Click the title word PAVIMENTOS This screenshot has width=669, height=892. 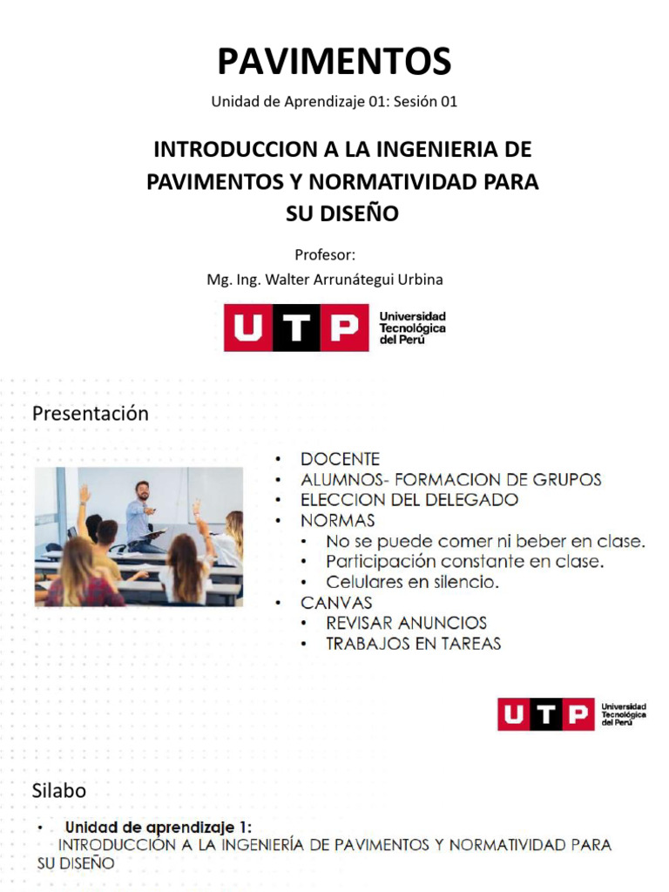(x=334, y=62)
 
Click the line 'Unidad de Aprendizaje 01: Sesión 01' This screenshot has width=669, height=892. (x=334, y=102)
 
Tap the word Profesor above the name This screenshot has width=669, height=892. (x=325, y=254)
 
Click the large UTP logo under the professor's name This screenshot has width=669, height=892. (x=334, y=328)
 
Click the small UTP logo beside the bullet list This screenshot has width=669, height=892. (x=571, y=714)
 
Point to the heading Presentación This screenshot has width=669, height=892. (x=91, y=414)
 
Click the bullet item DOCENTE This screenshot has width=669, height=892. (x=340, y=459)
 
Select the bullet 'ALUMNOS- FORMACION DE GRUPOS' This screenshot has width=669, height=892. (x=450, y=480)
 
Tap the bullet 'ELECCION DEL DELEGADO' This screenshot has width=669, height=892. (x=409, y=500)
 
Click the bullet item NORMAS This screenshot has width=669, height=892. (x=337, y=521)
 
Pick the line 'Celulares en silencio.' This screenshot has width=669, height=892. (x=412, y=582)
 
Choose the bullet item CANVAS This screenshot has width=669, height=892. (x=336, y=603)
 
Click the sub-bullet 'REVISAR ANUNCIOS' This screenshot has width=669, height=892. (x=406, y=623)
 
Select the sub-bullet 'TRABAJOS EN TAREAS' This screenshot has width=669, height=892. (x=413, y=644)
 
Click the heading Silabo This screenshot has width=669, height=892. (x=59, y=791)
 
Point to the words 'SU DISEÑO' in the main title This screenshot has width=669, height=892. (x=341, y=213)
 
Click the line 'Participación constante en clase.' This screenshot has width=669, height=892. (x=464, y=562)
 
